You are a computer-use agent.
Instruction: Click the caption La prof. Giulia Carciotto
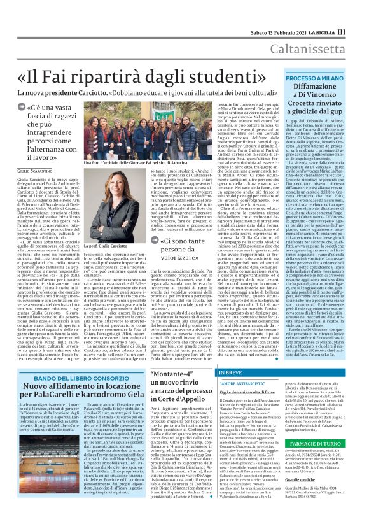103,244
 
